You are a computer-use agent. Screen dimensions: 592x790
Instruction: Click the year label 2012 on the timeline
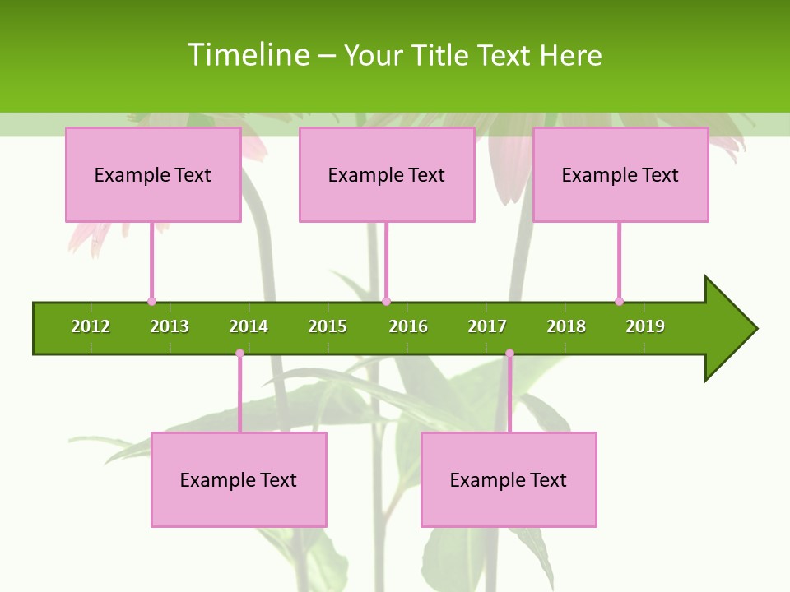click(91, 326)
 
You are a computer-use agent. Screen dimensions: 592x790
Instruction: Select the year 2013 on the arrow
click(170, 326)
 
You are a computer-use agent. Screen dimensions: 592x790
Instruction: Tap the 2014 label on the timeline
click(249, 326)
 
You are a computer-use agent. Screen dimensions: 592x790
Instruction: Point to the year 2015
click(328, 326)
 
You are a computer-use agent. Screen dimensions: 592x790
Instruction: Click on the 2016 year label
click(408, 326)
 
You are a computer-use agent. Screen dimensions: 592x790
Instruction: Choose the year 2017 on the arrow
click(487, 326)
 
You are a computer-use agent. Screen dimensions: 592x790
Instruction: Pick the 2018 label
click(566, 326)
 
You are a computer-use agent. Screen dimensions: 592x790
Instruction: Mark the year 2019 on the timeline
click(645, 326)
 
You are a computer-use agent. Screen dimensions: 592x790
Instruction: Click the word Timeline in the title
click(248, 55)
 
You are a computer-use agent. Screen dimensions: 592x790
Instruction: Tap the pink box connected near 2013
click(153, 174)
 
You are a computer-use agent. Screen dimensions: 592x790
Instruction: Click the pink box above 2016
click(387, 174)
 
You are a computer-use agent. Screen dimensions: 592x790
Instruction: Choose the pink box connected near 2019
click(620, 174)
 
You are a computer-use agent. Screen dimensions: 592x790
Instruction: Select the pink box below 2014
click(239, 479)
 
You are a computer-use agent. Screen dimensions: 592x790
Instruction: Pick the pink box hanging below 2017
click(509, 479)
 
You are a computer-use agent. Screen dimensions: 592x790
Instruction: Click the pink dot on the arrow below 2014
click(239, 354)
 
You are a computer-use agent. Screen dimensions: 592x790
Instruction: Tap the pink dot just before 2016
click(386, 301)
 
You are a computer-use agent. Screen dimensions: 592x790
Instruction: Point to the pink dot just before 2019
click(619, 301)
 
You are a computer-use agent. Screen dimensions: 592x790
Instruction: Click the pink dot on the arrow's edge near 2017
click(509, 354)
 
